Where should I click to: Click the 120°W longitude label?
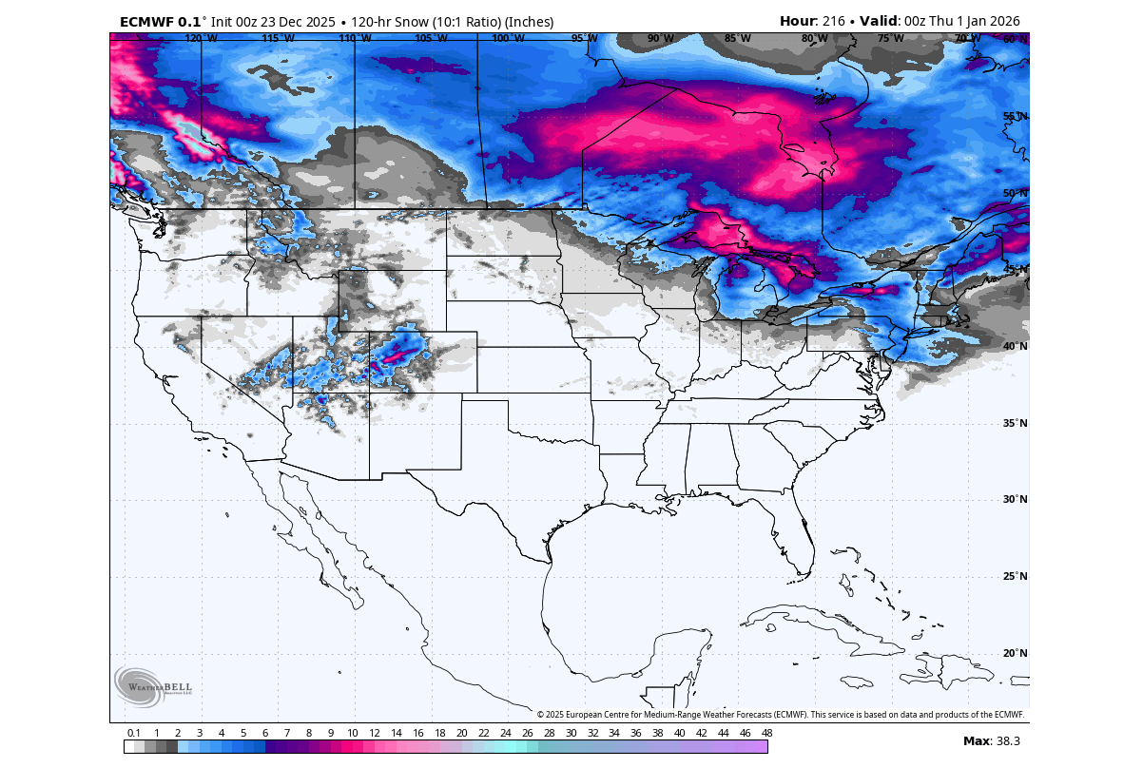[201, 39]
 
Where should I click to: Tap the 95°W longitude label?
[584, 39]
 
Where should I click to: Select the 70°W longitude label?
[968, 39]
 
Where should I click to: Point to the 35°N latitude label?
[1016, 423]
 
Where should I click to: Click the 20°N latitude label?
[1016, 653]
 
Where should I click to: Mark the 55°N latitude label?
[1016, 117]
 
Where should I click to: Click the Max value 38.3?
[1006, 740]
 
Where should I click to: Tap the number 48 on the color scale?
[766, 733]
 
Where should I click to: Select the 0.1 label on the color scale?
[134, 733]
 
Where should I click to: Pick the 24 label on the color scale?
[505, 733]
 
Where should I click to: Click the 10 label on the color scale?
[352, 733]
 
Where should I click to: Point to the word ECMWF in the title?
[147, 21]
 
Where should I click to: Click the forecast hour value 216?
[834, 21]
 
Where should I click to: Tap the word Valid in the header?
[879, 21]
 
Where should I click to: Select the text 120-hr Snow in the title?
[386, 21]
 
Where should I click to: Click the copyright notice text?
[780, 715]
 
